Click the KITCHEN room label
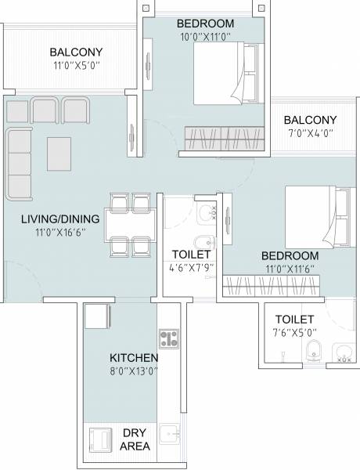[135, 358]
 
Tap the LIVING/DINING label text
[60, 218]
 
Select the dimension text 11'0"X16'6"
[60, 233]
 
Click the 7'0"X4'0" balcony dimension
[310, 135]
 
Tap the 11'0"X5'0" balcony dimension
[75, 67]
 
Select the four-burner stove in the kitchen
[169, 338]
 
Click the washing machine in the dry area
[101, 439]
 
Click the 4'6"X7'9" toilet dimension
[191, 269]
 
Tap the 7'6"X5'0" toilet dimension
[294, 334]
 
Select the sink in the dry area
[168, 434]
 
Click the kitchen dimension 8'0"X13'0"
[135, 372]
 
